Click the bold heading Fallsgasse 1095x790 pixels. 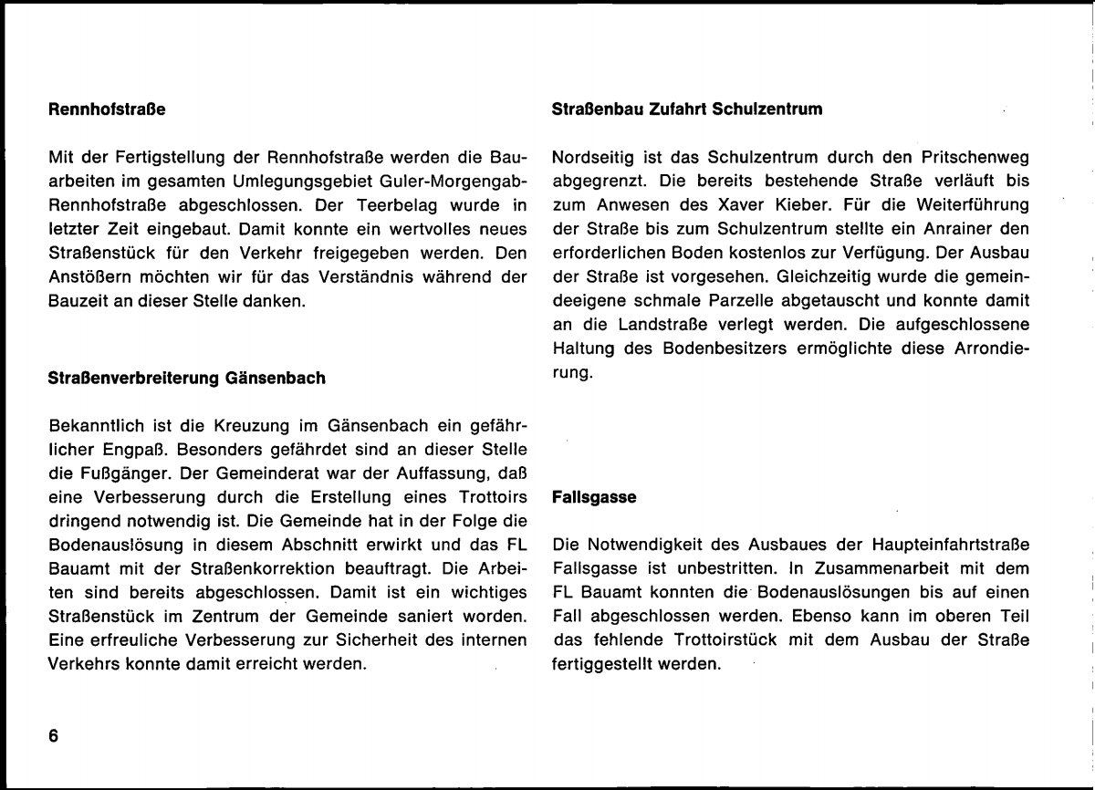tap(586, 499)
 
